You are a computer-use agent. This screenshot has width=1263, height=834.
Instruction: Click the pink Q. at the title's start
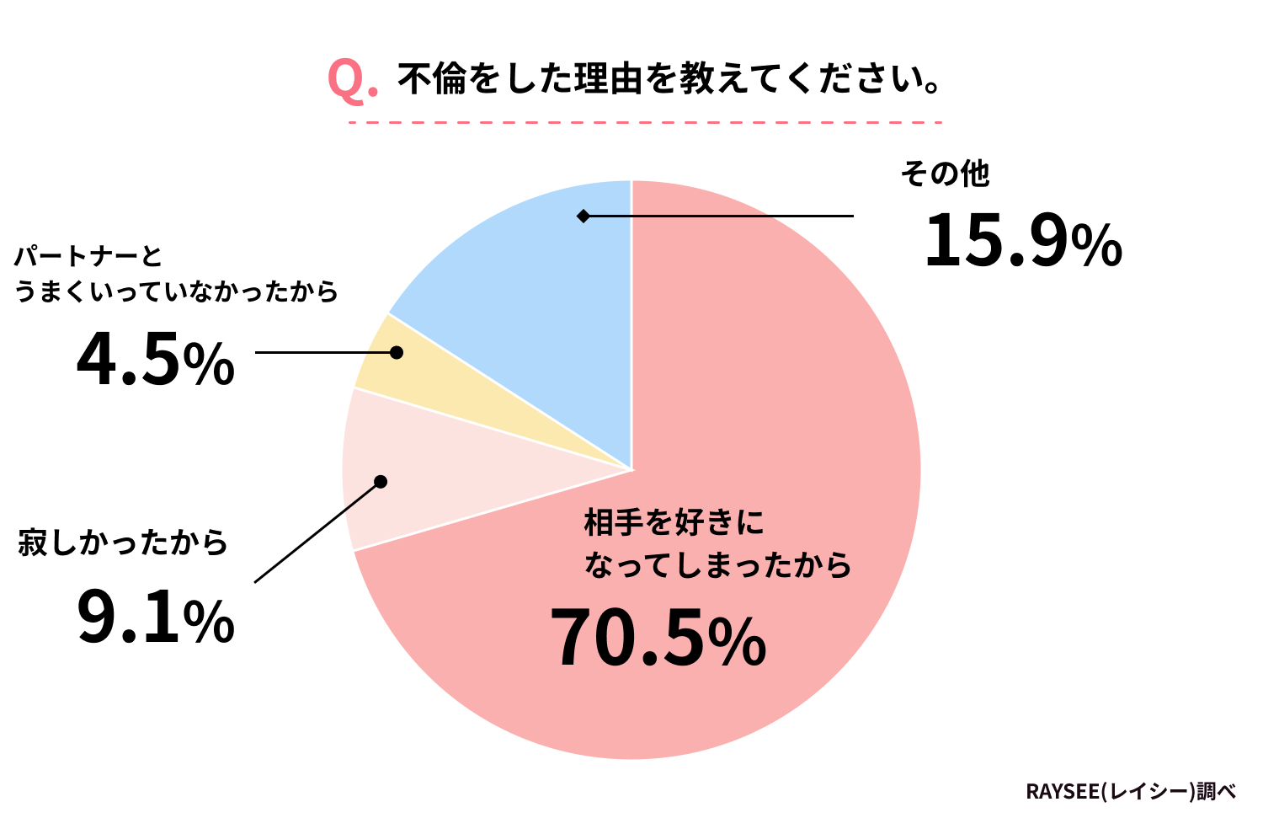pyautogui.click(x=351, y=81)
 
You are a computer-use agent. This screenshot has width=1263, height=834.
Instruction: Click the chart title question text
pyautogui.click(x=669, y=80)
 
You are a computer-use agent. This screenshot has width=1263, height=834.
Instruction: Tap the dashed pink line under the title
pyautogui.click(x=645, y=123)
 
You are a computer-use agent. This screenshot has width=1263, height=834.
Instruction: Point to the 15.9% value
pyautogui.click(x=1022, y=242)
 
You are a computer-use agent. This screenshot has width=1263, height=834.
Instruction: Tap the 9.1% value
pyautogui.click(x=155, y=619)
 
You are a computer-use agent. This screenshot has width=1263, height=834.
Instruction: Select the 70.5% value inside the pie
pyautogui.click(x=658, y=640)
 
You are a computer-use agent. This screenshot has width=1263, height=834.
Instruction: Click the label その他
pyautogui.click(x=944, y=174)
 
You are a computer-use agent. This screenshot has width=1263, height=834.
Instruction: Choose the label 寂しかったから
pyautogui.click(x=123, y=543)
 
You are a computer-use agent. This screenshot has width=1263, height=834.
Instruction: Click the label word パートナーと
pyautogui.click(x=88, y=255)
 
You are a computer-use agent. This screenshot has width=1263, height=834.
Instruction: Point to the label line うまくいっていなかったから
pyautogui.click(x=176, y=291)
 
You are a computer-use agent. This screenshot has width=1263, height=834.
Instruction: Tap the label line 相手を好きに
pyautogui.click(x=674, y=523)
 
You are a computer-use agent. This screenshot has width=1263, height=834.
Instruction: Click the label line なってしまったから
pyautogui.click(x=717, y=565)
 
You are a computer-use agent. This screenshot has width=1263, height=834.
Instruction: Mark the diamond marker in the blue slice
pyautogui.click(x=583, y=217)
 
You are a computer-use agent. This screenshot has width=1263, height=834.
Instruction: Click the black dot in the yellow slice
pyautogui.click(x=396, y=352)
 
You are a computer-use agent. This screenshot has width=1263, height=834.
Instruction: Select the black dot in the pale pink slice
pyautogui.click(x=380, y=482)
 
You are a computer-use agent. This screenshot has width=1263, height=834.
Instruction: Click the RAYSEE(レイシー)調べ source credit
pyautogui.click(x=1130, y=792)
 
